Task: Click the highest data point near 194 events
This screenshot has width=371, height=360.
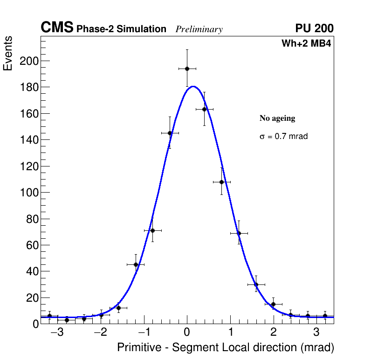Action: pyautogui.click(x=187, y=69)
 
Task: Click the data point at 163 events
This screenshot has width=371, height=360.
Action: pyautogui.click(x=204, y=109)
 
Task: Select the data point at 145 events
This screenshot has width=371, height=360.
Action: pyautogui.click(x=170, y=133)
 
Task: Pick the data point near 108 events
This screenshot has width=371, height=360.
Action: pyautogui.click(x=221, y=182)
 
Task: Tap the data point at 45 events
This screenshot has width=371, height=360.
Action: pyautogui.click(x=136, y=264)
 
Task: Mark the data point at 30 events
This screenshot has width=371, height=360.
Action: pyautogui.click(x=256, y=284)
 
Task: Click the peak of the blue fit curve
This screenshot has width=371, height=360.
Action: pyautogui.click(x=193, y=86)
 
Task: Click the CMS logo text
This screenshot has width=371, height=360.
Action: pyautogui.click(x=57, y=28)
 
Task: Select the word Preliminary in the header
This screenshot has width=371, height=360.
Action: pyautogui.click(x=199, y=29)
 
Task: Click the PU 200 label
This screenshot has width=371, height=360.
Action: pyautogui.click(x=314, y=28)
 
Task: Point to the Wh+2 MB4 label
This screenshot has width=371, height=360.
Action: pyautogui.click(x=306, y=44)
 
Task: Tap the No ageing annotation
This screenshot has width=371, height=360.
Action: pyautogui.click(x=277, y=118)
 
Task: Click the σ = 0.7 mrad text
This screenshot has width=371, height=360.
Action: pyautogui.click(x=283, y=137)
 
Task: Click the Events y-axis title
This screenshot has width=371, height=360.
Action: pyautogui.click(x=8, y=54)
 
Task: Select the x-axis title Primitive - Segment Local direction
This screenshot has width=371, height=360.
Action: pyautogui.click(x=226, y=347)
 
